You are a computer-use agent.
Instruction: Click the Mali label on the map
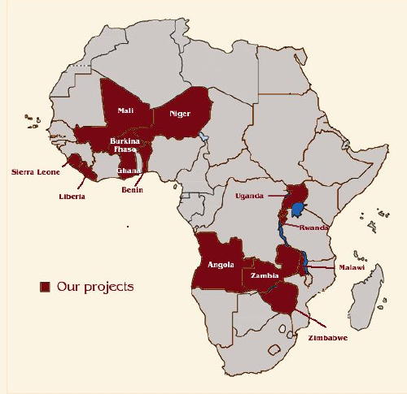(x=126, y=110)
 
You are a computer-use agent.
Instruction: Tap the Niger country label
(x=179, y=114)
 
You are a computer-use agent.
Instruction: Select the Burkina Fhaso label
(x=125, y=146)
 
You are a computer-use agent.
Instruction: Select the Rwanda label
(x=313, y=227)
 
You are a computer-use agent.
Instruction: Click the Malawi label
(x=352, y=266)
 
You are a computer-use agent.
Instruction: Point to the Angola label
(x=221, y=264)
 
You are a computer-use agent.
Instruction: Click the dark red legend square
(x=46, y=287)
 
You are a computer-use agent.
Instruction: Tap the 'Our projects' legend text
(x=95, y=287)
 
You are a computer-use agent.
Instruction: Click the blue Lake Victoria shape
(x=299, y=209)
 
